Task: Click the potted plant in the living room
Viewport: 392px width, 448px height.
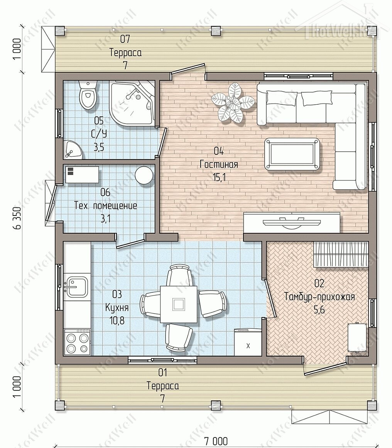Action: click(233, 103)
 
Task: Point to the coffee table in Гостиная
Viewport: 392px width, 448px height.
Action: click(292, 154)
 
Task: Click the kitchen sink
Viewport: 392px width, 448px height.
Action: click(76, 286)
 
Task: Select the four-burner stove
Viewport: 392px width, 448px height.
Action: click(77, 342)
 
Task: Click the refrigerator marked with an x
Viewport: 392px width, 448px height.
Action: click(248, 342)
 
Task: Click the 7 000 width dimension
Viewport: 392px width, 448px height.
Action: click(216, 441)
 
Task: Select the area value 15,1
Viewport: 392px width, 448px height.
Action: click(219, 178)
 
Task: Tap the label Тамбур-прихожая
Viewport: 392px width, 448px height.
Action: click(319, 297)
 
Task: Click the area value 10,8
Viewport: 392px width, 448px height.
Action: click(117, 321)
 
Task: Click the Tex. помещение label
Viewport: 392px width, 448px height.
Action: click(106, 206)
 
